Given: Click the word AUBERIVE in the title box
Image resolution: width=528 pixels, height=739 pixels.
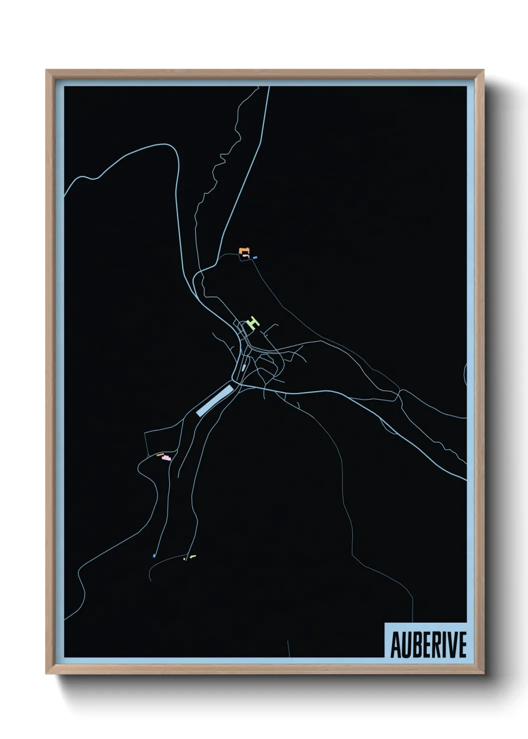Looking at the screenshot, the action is pos(428,645).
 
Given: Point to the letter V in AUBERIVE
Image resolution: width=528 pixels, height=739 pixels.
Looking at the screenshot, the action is pos(451,645).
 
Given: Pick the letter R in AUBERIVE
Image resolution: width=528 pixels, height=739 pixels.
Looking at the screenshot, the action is pos(434,645).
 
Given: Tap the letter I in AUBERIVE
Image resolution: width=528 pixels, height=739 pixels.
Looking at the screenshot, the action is pos(443,645).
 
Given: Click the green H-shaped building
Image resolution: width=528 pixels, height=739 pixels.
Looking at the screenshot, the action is pos(254,323).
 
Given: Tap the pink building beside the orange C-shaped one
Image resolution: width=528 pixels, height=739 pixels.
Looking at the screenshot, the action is pos(245,256).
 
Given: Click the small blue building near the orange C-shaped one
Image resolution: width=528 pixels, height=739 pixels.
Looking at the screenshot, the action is pos(255,258).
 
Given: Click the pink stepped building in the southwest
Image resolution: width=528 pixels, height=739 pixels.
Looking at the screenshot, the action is pos(166,458).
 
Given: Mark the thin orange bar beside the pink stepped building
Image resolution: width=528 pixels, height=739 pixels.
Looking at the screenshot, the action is pos(160,455).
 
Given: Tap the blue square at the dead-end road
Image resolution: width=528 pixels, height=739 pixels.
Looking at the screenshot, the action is pos(154,555).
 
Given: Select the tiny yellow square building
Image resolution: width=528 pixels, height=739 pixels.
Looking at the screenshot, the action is pos(185,559).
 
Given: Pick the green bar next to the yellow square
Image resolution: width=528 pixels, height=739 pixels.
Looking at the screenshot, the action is pos(193,556).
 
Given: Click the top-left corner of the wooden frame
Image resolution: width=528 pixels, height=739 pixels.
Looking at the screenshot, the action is pos(46,70).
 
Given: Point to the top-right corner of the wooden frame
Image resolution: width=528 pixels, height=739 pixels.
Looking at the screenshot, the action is pos(483,70).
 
